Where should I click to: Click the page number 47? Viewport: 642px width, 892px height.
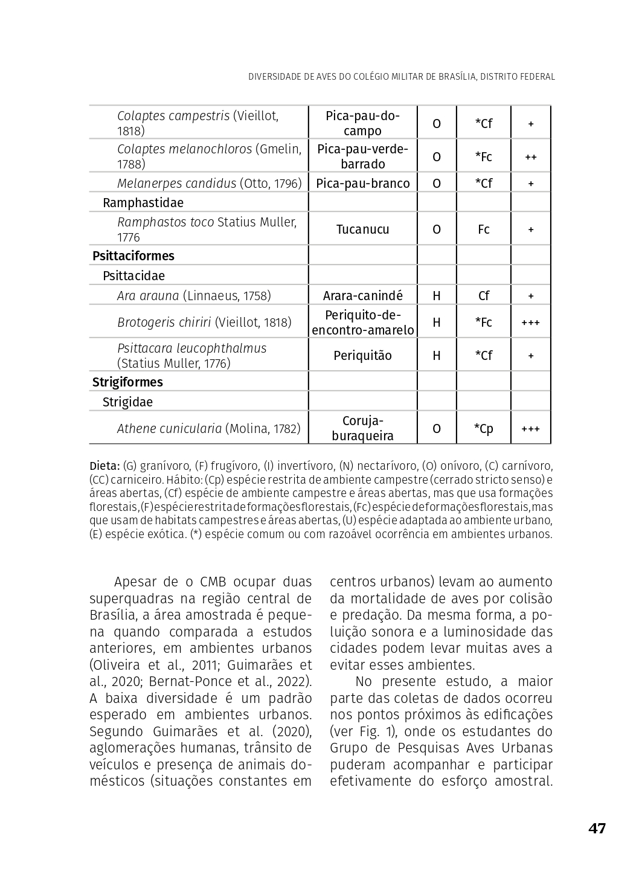point(597,828)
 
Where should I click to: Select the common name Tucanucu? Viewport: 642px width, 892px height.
point(362,229)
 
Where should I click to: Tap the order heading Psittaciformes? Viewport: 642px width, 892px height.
point(133,256)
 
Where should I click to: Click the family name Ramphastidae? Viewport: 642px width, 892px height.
point(143,203)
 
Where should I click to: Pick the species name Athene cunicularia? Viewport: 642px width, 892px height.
point(169,429)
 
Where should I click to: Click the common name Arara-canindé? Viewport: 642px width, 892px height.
point(362,296)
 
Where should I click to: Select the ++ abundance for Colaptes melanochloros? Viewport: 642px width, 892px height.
point(530,157)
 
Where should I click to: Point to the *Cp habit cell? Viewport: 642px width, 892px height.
point(483,429)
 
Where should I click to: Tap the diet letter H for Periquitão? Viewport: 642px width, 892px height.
point(436,356)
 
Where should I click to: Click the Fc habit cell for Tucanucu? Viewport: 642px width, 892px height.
point(483,229)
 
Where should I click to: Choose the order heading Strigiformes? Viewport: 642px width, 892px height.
point(127,382)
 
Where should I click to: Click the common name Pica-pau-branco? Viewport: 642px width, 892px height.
point(362,184)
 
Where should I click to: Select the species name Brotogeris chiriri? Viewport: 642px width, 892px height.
point(164,322)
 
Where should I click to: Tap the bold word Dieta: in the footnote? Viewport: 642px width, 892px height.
point(104,466)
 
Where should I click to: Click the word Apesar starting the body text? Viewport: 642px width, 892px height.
point(133,582)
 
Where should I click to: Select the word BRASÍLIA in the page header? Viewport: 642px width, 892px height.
point(452,77)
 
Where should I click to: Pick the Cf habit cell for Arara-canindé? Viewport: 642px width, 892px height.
point(483,296)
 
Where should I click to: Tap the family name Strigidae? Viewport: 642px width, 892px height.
point(127,402)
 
